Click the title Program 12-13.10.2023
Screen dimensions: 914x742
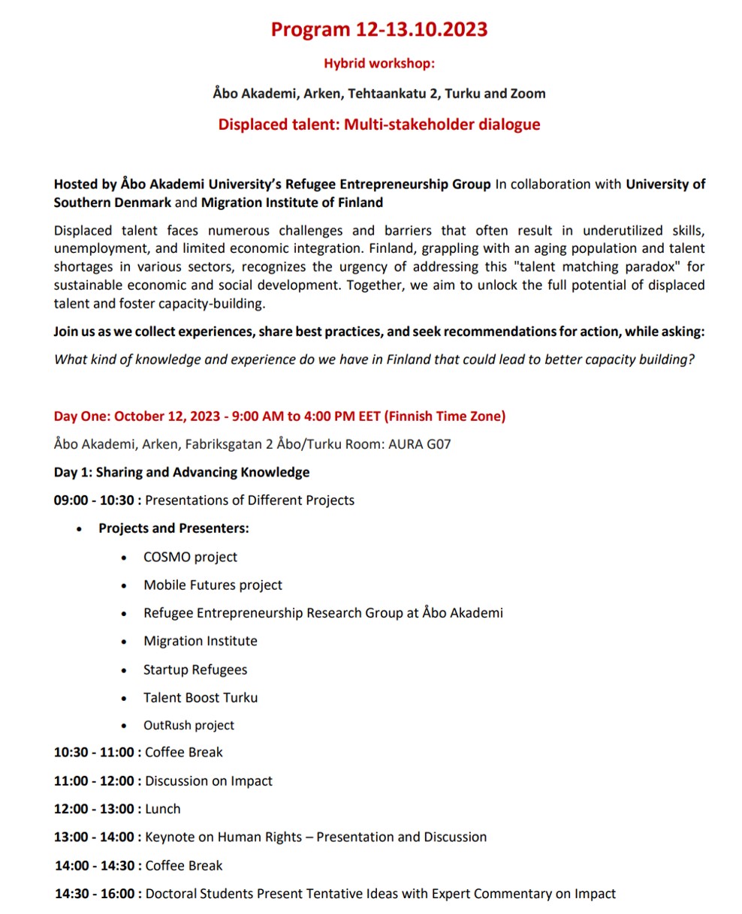pos(379,29)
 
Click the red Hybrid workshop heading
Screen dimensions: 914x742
pos(379,63)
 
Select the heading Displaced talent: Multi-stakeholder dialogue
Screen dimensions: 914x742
pos(379,125)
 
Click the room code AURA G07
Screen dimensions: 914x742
pos(419,444)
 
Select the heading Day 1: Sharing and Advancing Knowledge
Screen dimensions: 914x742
pos(182,472)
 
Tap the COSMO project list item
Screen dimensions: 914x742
pos(190,557)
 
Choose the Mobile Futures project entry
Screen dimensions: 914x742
pos(213,585)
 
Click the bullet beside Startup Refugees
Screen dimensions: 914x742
pos(125,670)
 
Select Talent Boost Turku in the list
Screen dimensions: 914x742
pos(201,697)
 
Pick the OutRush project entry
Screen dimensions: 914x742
pos(189,726)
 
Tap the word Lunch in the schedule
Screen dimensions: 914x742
pos(163,809)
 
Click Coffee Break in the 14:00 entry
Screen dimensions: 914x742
pos(184,865)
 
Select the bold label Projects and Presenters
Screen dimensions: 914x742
pos(173,528)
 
